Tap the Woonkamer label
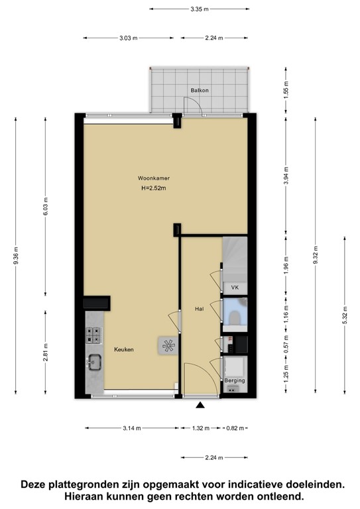coord(153,178)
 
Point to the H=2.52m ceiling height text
coord(153,189)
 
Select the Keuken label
coord(124,349)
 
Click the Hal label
coord(198,309)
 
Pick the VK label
coord(234,288)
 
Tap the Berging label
coord(235,381)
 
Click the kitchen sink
coord(94,362)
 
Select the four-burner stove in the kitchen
coord(94,335)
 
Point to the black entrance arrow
coord(200,404)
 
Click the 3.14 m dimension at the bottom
coord(132,428)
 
